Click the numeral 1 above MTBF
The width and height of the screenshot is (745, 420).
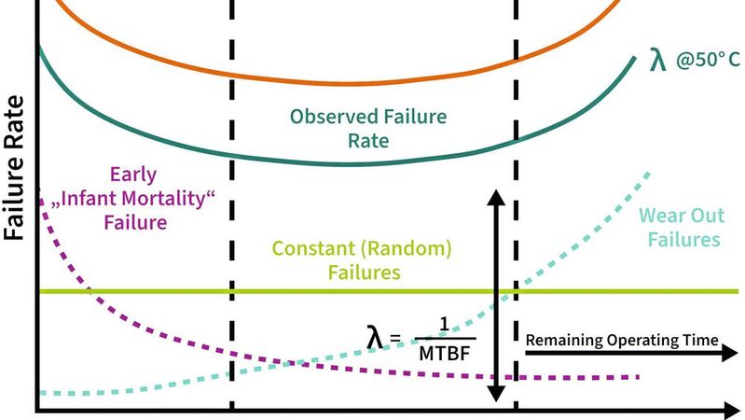[x=445, y=324]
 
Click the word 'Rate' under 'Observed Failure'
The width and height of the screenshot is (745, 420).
[x=369, y=142]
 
